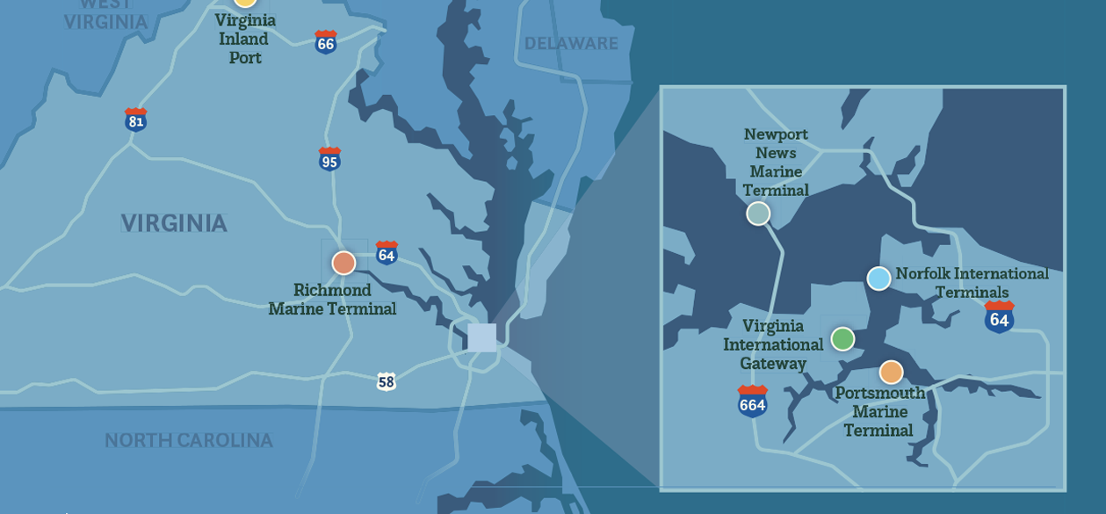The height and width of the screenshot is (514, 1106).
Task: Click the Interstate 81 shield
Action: tap(135, 119)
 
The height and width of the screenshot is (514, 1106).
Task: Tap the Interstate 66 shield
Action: tap(326, 41)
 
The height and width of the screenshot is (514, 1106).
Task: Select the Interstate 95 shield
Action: tap(329, 159)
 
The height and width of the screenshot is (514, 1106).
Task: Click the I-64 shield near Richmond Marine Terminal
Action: tap(387, 253)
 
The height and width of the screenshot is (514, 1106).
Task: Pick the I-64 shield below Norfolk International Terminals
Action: tap(999, 316)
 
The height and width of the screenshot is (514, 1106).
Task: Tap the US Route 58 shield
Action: tap(387, 381)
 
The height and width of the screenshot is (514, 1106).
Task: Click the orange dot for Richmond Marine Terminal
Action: tap(343, 263)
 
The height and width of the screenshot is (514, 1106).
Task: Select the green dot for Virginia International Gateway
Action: tap(842, 339)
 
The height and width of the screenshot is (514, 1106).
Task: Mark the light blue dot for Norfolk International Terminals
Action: tap(878, 279)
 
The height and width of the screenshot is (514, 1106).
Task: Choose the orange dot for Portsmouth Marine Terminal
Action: tap(891, 373)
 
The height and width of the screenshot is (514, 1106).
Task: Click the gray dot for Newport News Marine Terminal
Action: tap(758, 214)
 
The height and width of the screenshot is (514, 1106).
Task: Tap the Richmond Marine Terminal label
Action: tap(332, 300)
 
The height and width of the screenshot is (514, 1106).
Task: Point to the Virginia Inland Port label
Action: tap(245, 39)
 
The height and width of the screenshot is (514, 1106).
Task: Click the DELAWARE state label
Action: tap(571, 44)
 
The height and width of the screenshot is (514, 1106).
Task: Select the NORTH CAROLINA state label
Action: tap(189, 440)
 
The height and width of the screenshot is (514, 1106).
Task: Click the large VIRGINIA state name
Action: tap(174, 223)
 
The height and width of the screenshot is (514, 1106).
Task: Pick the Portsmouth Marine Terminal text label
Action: tap(879, 411)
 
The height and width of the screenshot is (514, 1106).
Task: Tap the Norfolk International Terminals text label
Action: tap(972, 283)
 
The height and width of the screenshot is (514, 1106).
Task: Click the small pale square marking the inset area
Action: tap(481, 337)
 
